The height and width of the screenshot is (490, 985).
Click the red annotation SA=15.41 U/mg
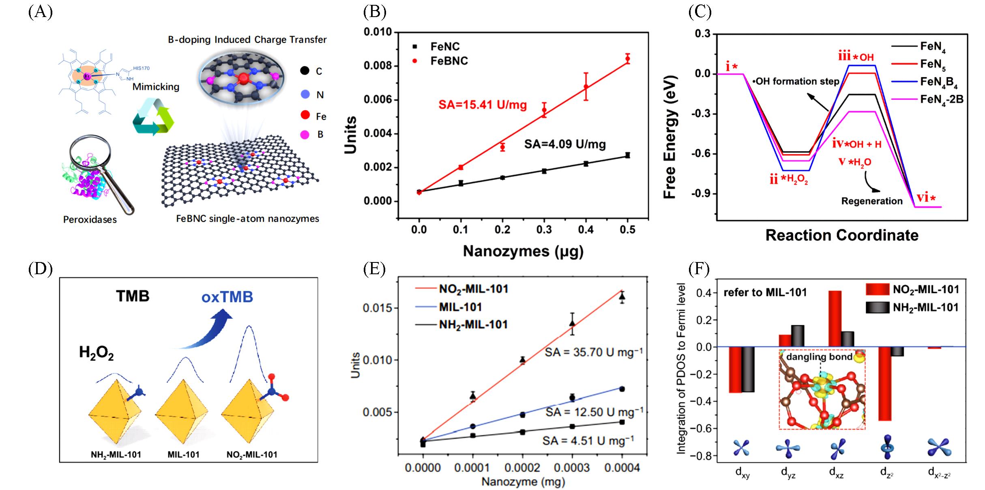pos(483,105)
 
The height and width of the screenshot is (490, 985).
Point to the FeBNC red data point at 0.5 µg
pos(628,59)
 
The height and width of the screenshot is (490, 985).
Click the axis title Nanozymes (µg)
pos(523,251)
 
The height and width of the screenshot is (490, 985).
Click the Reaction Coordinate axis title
pos(842,235)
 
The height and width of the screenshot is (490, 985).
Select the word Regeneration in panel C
pos(872,201)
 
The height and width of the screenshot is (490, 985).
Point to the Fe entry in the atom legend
pos(321,116)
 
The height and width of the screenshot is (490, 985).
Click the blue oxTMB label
pos(227,297)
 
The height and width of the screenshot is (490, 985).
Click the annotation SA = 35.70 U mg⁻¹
pos(593,352)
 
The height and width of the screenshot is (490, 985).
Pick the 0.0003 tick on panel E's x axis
pos(572,468)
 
